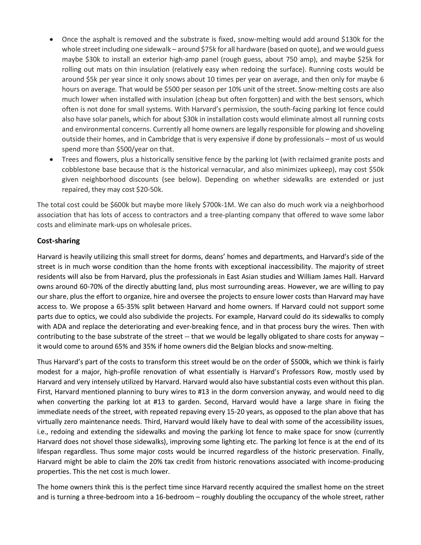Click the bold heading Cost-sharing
point(58,241)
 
